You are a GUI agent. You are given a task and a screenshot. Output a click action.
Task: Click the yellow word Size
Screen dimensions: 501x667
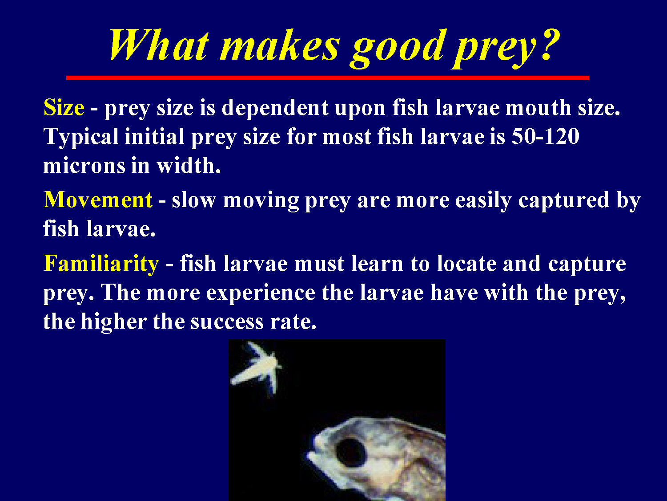(x=64, y=108)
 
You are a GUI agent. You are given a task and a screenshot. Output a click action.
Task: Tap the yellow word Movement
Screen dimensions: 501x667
(x=98, y=200)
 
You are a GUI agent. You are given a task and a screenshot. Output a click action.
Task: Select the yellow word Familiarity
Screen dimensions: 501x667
(x=101, y=263)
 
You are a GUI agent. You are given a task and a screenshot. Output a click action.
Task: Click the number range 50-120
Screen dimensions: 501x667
(x=545, y=136)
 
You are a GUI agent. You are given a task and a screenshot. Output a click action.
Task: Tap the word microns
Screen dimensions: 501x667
(x=84, y=166)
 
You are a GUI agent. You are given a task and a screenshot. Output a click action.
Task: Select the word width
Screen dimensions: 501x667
(x=188, y=166)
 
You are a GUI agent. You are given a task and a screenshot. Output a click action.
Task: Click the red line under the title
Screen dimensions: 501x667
(x=328, y=78)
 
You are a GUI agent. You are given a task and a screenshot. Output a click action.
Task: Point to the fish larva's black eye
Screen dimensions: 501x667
(x=350, y=451)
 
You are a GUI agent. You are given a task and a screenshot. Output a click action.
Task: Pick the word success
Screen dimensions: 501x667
(x=227, y=322)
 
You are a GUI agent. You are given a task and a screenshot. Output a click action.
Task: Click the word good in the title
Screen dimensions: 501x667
(x=398, y=46)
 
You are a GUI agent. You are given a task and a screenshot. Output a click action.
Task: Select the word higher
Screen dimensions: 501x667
(x=113, y=322)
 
